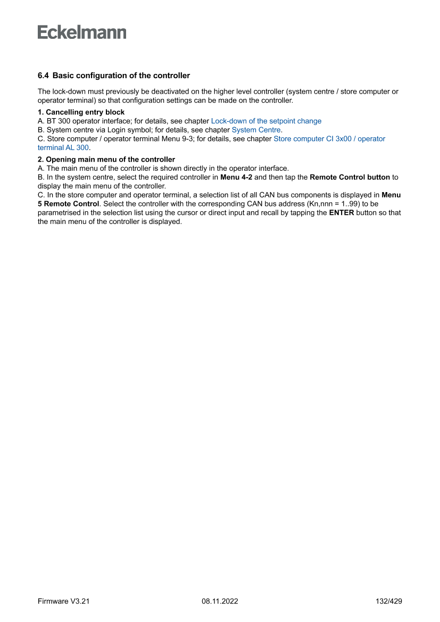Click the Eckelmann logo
[x=82, y=32]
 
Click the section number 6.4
[x=43, y=76]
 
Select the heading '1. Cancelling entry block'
[x=81, y=112]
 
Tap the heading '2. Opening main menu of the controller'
[x=106, y=159]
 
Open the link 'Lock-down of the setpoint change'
[x=266, y=121]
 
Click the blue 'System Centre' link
[x=256, y=130]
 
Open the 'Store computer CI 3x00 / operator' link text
[x=329, y=138]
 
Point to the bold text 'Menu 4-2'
[x=236, y=177]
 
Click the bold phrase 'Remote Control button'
[x=350, y=177]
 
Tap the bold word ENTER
[x=342, y=213]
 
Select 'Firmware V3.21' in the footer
[x=64, y=601]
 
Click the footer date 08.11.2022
[x=220, y=601]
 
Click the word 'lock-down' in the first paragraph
[x=69, y=92]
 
